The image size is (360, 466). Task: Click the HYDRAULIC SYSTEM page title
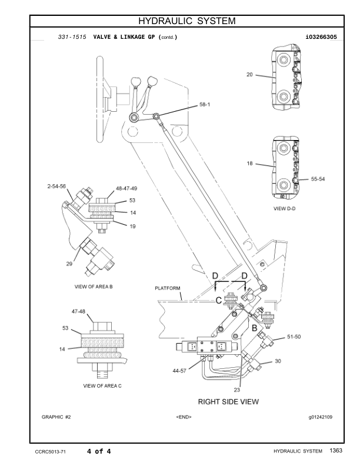point(186,21)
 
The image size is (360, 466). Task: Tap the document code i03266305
point(321,37)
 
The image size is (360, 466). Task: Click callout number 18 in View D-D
point(249,164)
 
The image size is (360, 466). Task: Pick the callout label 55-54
point(318,179)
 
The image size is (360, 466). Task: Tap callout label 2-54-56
point(57,186)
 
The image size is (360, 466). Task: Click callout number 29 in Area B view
point(69,263)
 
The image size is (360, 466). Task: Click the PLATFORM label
point(168,288)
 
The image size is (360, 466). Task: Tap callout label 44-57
point(180,372)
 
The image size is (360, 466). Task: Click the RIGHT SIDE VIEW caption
point(228,401)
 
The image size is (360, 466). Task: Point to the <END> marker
point(184,417)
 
